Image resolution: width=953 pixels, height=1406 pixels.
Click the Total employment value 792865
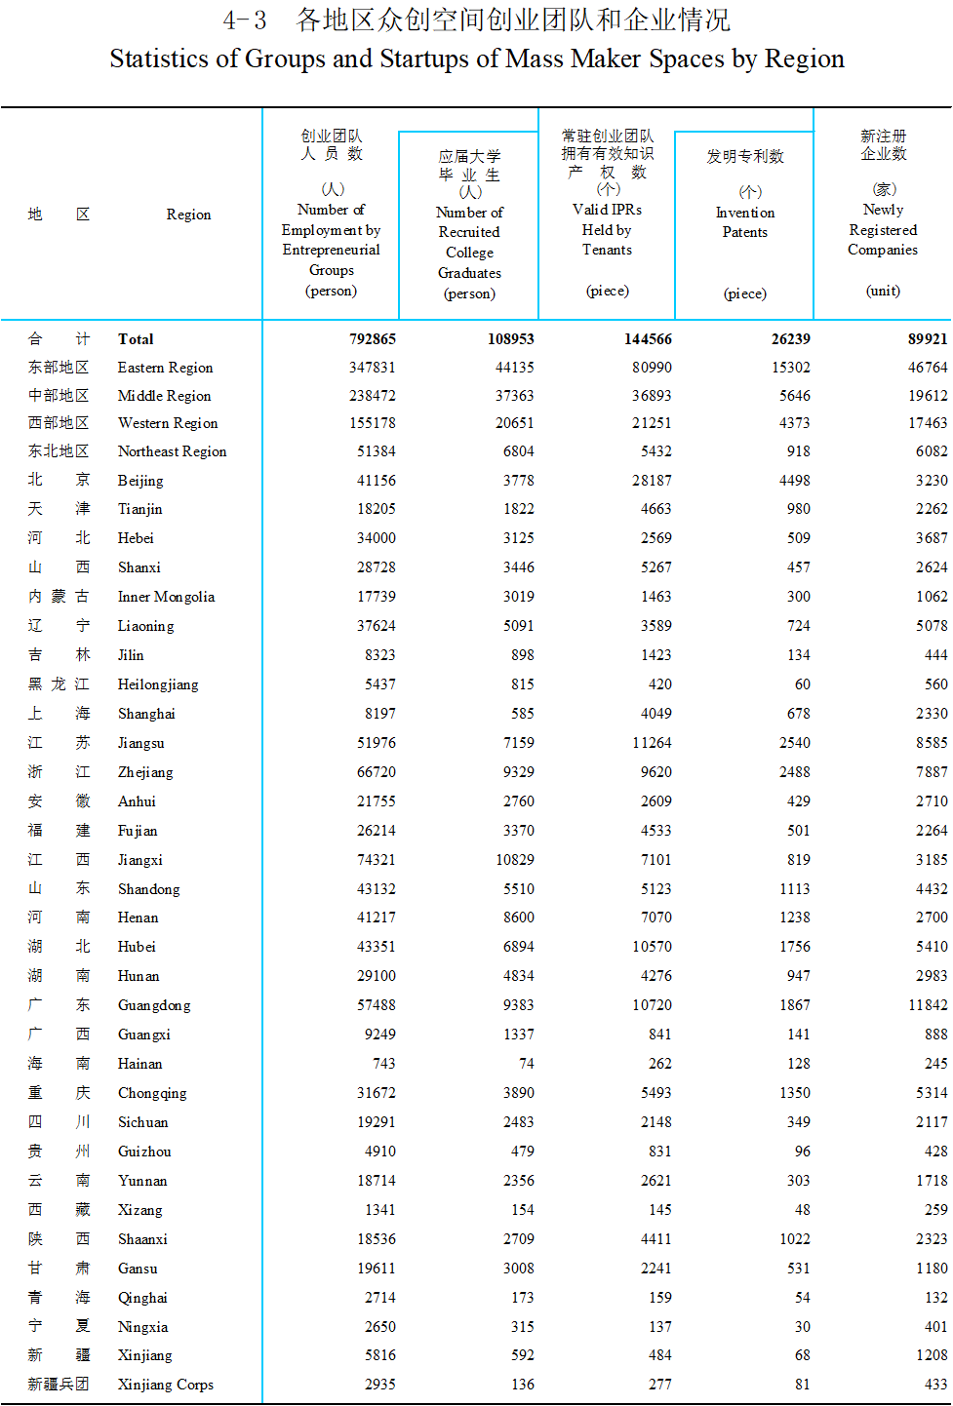coord(372,339)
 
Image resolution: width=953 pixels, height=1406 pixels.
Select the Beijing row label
coord(140,481)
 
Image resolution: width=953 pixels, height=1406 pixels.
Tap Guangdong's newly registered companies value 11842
coord(928,1005)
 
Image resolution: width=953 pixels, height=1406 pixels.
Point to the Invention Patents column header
coord(745,222)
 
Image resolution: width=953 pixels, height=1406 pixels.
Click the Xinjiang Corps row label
coord(165,1385)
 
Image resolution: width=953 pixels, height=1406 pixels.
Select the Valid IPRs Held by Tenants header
coord(607,230)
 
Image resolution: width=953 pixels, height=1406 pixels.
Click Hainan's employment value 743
coord(383,1064)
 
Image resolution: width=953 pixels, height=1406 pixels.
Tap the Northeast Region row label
coord(172,451)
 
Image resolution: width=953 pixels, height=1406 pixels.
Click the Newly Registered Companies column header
coord(883,230)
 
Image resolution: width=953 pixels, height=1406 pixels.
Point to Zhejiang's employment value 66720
coord(377,772)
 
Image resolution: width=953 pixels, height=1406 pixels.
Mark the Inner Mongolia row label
coord(166,597)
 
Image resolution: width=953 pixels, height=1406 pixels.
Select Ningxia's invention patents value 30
coord(802,1327)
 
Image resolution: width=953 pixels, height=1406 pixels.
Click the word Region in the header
coord(188,215)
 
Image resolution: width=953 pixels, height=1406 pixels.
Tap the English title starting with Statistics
coord(477,59)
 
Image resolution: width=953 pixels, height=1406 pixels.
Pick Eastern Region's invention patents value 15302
coord(790,368)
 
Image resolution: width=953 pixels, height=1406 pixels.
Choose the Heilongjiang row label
coord(158,684)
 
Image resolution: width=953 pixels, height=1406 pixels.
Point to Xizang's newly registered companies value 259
coord(935,1210)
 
